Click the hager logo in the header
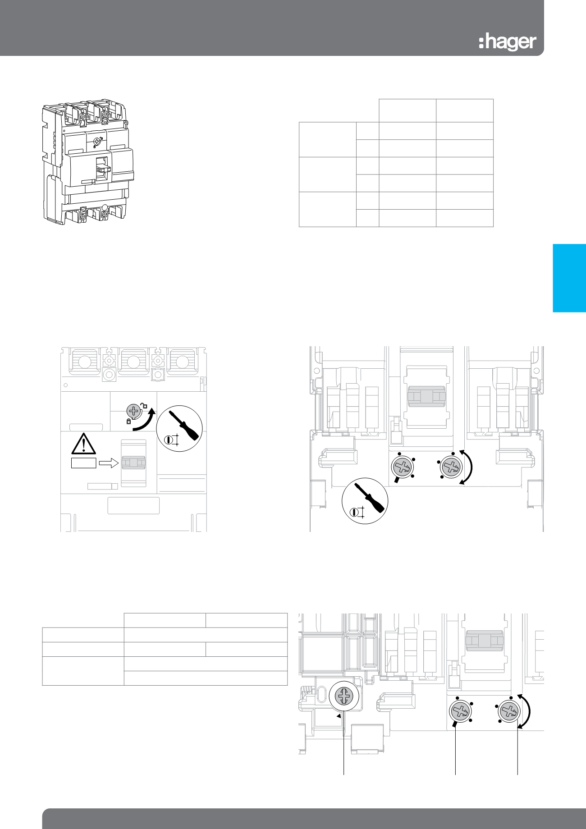(508, 42)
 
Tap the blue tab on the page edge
(569, 278)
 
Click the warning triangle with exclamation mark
(84, 444)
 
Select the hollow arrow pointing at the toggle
(108, 463)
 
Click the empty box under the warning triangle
(84, 463)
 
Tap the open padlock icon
(145, 405)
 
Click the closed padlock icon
(129, 422)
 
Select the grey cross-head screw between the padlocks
(134, 411)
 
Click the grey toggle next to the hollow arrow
(134, 463)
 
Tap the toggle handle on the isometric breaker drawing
(103, 169)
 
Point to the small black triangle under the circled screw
(338, 715)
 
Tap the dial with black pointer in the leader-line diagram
(460, 712)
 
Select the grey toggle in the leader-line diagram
(485, 641)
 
